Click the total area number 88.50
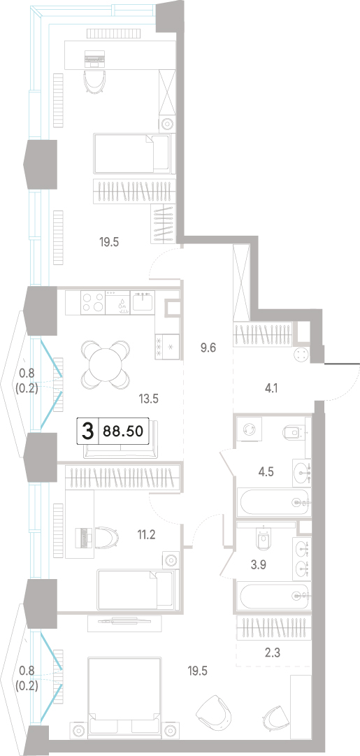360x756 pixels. point(123,431)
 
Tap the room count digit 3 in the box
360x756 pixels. point(87,431)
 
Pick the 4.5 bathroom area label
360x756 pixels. point(266,471)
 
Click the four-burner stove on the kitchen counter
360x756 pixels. point(92,304)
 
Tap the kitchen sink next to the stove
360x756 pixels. point(142,301)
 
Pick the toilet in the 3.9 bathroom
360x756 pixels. point(263,539)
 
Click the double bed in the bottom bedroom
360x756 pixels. point(125,694)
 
